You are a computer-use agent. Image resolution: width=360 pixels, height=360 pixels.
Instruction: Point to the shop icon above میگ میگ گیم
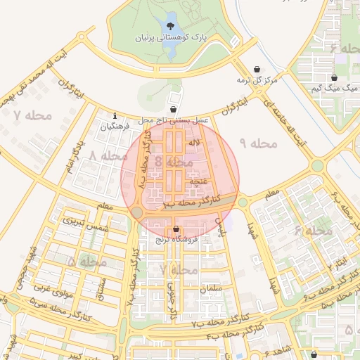334,78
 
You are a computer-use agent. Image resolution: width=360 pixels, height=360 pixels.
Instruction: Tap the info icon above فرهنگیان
115,116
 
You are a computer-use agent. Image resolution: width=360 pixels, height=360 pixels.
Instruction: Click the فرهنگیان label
115,127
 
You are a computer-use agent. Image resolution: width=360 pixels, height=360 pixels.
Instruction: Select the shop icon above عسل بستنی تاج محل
174,110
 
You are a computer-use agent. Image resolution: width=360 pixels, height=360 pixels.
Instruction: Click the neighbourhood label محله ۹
259,143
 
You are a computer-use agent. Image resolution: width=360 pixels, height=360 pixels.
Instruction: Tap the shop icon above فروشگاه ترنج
175,229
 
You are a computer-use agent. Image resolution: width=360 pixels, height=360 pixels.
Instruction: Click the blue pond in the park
171,18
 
